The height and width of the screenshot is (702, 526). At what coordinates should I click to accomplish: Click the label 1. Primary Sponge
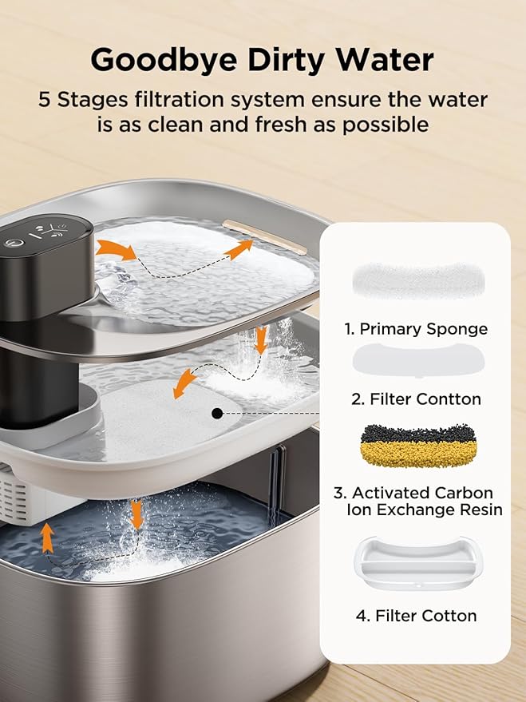[415, 329]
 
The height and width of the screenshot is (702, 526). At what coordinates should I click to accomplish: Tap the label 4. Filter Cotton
[415, 615]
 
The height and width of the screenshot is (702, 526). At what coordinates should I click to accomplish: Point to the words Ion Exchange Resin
[425, 510]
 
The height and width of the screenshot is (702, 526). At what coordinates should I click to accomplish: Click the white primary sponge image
[415, 280]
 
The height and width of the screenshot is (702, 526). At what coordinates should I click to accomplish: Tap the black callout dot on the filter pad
[216, 413]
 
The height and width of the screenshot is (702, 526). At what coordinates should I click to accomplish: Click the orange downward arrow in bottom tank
[136, 514]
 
